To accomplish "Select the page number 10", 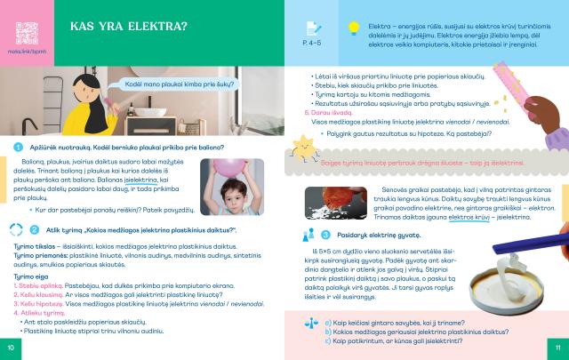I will (x=11, y=348).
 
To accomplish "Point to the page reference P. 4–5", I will (x=314, y=42).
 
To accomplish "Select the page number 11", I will (x=557, y=348).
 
